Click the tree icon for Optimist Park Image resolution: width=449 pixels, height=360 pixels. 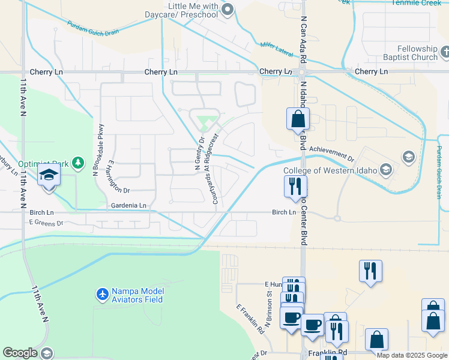click(77, 163)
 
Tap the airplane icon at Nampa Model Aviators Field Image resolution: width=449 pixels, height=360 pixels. click(102, 295)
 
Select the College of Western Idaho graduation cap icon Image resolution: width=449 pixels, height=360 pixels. click(387, 170)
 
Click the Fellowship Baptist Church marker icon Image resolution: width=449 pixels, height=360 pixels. click(444, 53)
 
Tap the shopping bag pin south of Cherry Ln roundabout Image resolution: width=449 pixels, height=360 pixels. click(298, 119)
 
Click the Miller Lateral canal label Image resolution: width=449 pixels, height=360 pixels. click(277, 49)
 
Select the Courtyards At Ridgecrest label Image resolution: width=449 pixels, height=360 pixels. click(215, 169)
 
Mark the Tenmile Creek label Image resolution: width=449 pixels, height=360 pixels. click(416, 2)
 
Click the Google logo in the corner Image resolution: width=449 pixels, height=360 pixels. click(20, 353)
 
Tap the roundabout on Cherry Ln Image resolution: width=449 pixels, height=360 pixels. click(301, 72)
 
